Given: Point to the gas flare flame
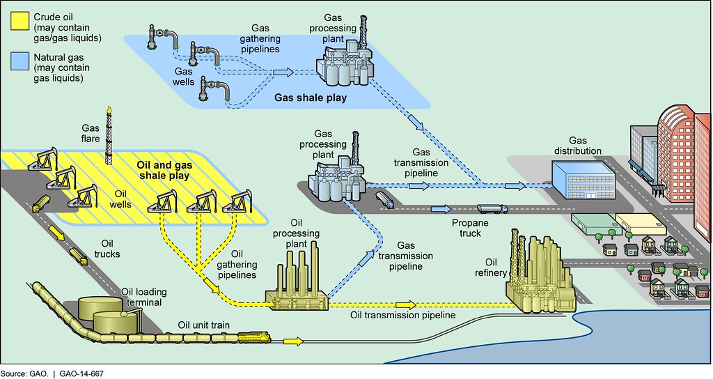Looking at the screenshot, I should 109,111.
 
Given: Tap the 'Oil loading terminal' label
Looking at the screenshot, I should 141,297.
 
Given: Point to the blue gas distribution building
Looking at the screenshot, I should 584,178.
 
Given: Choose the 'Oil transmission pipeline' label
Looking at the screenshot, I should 402,316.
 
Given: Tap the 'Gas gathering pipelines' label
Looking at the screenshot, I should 260,38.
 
